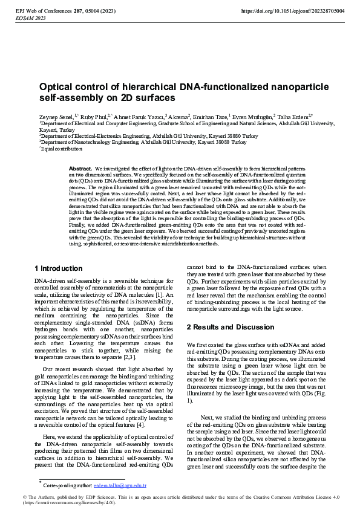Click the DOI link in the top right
(x=293, y=11)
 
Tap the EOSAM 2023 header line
(x=30, y=19)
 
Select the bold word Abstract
(x=80, y=168)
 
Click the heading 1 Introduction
(x=59, y=268)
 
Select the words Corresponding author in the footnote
(x=64, y=485)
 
